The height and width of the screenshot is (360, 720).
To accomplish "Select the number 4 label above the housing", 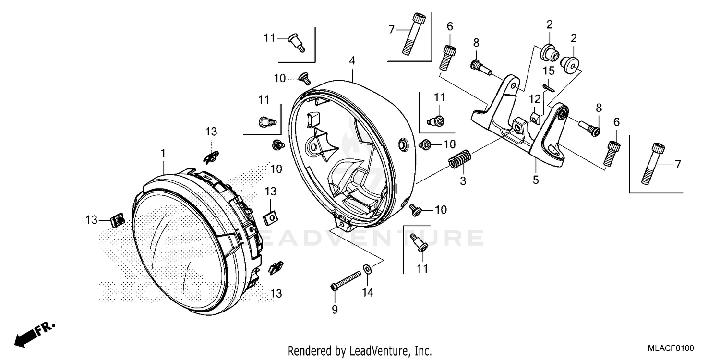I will (x=352, y=61).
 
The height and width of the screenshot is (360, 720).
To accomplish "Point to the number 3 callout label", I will (x=463, y=181).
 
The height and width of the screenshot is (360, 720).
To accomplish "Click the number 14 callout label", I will (x=367, y=292).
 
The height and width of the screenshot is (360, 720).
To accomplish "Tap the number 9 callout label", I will (x=335, y=310).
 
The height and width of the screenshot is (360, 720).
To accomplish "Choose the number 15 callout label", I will (x=549, y=71).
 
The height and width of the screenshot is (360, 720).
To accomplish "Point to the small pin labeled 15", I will (x=549, y=87).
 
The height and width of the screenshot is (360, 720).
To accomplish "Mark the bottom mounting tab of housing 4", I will (x=342, y=221).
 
